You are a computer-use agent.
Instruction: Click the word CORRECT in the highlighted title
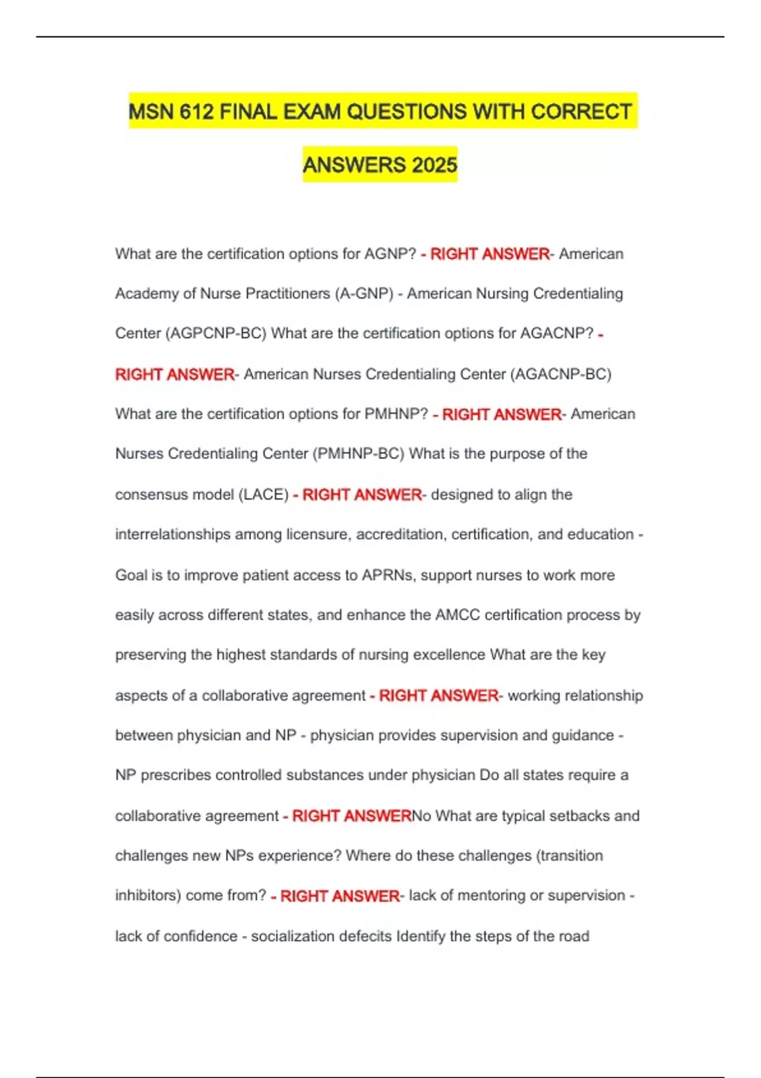581,112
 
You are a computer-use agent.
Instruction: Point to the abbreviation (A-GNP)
364,294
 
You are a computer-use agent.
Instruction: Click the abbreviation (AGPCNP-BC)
216,334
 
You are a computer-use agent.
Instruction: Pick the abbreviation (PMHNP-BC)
358,454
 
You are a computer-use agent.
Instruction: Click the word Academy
146,294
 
